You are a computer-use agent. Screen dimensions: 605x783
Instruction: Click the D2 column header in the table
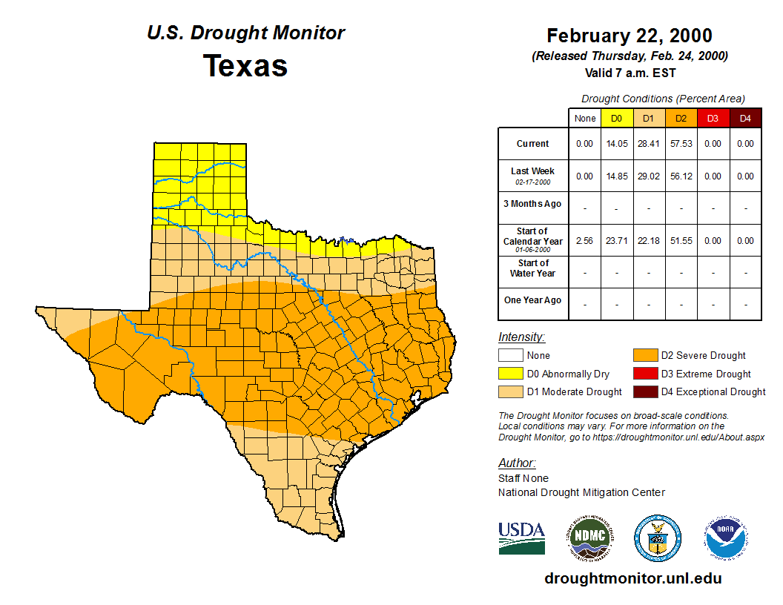[x=681, y=118]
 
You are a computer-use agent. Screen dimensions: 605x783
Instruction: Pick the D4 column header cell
[x=745, y=118]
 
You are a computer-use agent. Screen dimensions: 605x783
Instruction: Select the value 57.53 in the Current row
[x=681, y=144]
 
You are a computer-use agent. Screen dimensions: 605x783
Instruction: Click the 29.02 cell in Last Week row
[x=648, y=176]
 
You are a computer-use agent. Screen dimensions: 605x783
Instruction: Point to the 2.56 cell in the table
[x=584, y=241]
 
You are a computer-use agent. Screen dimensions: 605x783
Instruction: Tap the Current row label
[x=533, y=144]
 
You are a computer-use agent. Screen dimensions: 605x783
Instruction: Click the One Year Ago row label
[x=533, y=300]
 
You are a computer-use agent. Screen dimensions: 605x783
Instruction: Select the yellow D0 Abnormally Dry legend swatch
[x=510, y=374]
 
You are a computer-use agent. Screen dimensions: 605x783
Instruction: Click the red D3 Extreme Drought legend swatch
[x=644, y=374]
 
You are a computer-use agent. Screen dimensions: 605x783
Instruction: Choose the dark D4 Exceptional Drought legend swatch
[x=644, y=391]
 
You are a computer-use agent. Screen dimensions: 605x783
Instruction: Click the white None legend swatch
[x=510, y=356]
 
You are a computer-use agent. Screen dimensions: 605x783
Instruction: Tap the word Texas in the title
[x=245, y=65]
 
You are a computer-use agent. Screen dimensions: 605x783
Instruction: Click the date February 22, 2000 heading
[x=630, y=36]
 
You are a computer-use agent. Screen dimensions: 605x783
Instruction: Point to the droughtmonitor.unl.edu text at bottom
[x=632, y=578]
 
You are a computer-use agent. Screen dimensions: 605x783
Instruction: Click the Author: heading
[x=516, y=463]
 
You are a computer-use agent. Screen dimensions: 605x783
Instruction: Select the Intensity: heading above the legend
[x=521, y=337]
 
